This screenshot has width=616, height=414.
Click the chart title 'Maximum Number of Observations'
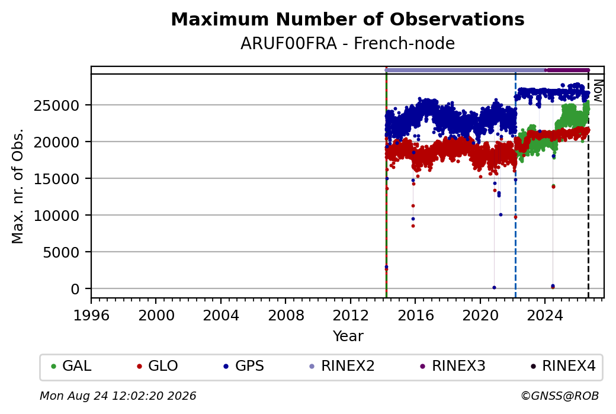[x=348, y=19]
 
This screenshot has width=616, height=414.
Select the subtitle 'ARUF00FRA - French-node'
[x=348, y=44]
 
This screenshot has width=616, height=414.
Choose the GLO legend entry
[x=157, y=366]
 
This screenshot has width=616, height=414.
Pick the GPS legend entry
[x=243, y=366]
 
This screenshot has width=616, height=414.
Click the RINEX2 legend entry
[x=342, y=366]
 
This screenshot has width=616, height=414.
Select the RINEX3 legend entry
[x=453, y=366]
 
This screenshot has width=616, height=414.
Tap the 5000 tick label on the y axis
[x=62, y=252]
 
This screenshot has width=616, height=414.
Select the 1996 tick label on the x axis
[x=91, y=316]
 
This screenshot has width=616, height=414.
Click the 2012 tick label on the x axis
[x=350, y=316]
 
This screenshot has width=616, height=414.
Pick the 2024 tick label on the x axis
[x=544, y=316]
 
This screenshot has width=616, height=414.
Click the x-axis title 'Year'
[x=348, y=336]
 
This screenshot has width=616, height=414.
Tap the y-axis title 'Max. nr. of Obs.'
[x=18, y=186]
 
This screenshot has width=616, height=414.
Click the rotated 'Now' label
[x=598, y=91]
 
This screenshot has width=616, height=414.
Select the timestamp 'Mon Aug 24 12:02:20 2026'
[x=118, y=396]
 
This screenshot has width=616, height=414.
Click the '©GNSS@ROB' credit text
[x=560, y=396]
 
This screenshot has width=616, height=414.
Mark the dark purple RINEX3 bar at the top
[x=567, y=70]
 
